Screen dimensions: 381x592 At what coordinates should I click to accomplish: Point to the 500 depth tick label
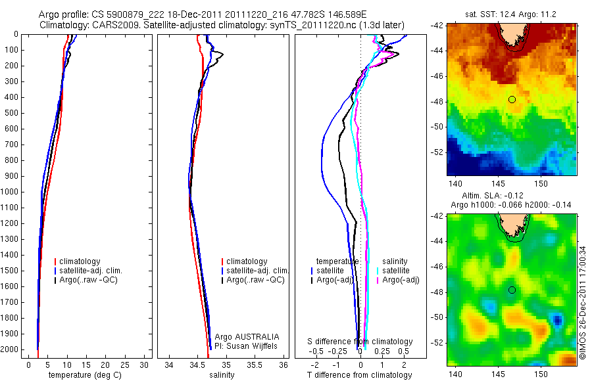pos(11,113)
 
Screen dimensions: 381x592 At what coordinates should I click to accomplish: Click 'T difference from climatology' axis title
pos(359,375)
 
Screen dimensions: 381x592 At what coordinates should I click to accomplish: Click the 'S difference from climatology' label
pos(360,342)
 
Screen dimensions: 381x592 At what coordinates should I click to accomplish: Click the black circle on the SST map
pos(512,99)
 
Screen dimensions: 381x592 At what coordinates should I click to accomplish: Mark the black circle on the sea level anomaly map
pos(512,290)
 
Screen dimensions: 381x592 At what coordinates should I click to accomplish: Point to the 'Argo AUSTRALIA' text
pos(252,336)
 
